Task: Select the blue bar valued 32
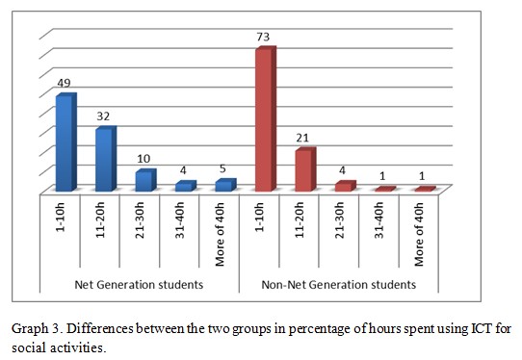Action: pos(105,160)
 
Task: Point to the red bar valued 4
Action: pos(344,186)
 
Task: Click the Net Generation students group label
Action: pos(139,285)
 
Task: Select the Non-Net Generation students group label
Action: pos(339,285)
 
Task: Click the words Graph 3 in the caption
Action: pos(36,326)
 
